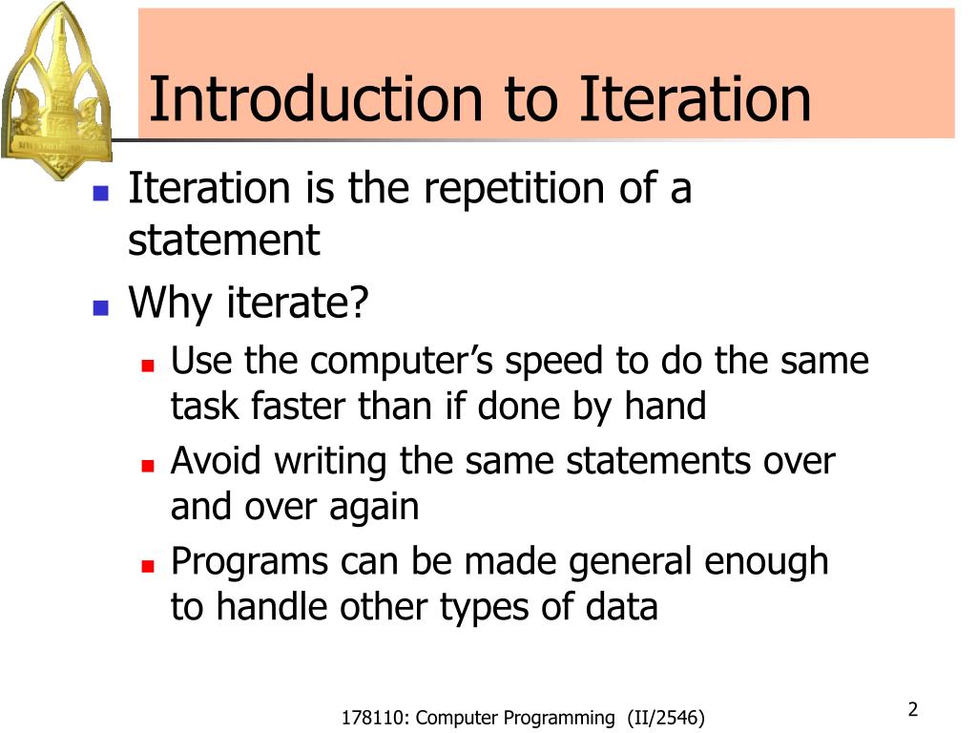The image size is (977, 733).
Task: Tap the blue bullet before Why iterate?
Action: click(99, 307)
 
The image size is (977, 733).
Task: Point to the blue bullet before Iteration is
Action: click(99, 192)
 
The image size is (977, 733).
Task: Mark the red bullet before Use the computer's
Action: click(148, 365)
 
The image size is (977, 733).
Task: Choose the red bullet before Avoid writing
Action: click(148, 465)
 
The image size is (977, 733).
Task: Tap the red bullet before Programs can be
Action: click(148, 565)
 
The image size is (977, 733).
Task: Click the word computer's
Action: click(404, 362)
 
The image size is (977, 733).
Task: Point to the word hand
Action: click(665, 407)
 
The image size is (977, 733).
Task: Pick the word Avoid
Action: click(218, 461)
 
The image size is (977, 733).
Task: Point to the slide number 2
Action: click(912, 709)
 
